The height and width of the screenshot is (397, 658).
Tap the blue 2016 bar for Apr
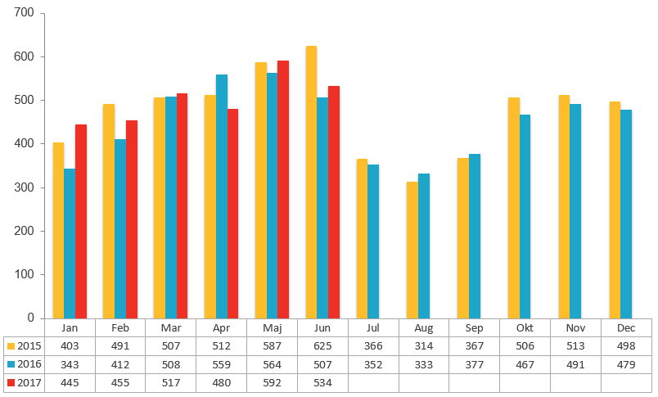[x=222, y=196]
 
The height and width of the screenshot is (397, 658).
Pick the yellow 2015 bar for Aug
[x=412, y=250]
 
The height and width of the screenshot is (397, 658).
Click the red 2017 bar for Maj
[x=283, y=189]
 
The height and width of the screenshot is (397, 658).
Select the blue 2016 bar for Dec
[x=626, y=214]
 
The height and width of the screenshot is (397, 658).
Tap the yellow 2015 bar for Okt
[x=514, y=208]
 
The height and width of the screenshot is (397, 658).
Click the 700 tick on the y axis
[x=24, y=14]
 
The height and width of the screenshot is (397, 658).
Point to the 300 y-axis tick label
[x=24, y=187]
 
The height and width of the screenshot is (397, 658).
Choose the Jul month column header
[x=373, y=327]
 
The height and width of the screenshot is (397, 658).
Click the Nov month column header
[x=575, y=327]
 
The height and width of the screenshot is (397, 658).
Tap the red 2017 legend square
[x=10, y=382]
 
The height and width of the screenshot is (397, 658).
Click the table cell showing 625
[x=322, y=345]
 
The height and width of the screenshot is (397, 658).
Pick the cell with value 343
[x=70, y=364]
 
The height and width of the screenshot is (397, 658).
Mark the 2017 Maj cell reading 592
[x=272, y=382]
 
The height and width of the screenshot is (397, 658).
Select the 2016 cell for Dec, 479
[x=626, y=364]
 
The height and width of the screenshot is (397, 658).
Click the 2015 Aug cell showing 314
[x=424, y=345]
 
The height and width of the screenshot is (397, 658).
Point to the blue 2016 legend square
[x=10, y=364]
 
